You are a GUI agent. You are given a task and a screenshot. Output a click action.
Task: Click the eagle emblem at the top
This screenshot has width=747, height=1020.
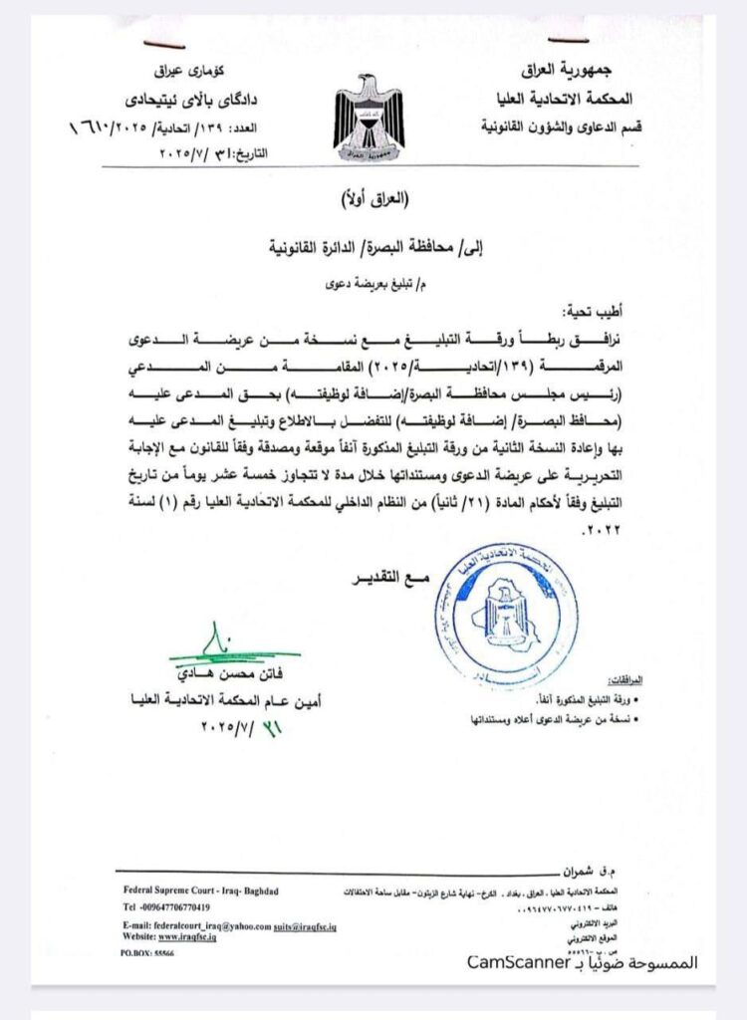click(x=370, y=117)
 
